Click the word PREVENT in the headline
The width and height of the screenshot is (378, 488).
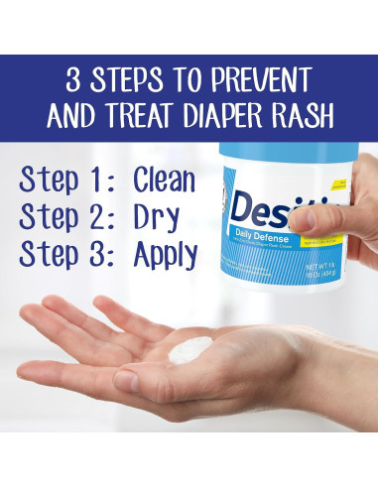[x=260, y=77]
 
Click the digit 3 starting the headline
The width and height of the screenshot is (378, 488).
[x=72, y=77]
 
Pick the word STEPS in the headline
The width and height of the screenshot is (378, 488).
[x=127, y=77]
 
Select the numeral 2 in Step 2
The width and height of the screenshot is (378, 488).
[x=106, y=216]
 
